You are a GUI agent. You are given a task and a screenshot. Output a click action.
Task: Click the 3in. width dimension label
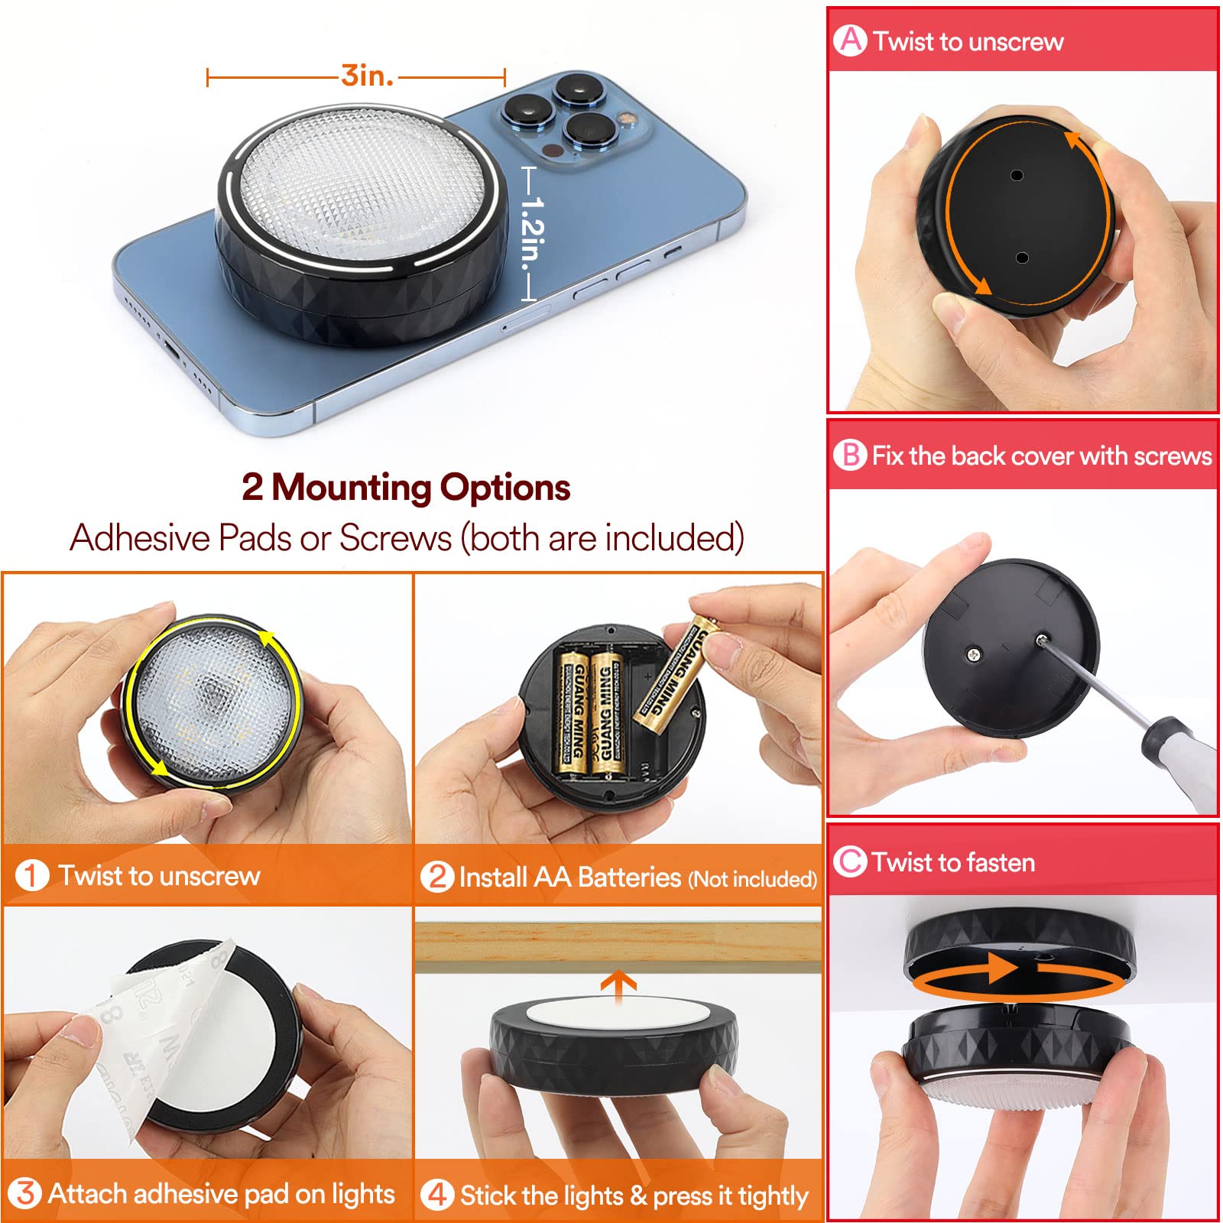click(367, 76)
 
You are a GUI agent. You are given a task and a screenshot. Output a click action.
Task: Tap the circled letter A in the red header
click(851, 40)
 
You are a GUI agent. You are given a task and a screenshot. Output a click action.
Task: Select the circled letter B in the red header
click(850, 455)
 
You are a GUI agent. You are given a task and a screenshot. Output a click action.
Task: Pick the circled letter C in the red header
click(850, 861)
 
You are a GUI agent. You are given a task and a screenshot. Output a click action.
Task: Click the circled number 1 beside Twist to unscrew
click(32, 875)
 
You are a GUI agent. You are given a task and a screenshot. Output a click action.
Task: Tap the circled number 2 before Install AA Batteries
click(437, 876)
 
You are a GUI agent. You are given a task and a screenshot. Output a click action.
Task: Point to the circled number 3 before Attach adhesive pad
click(25, 1193)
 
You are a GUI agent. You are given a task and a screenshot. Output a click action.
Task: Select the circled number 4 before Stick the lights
click(437, 1194)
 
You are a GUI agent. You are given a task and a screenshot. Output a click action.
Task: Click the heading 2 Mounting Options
click(406, 487)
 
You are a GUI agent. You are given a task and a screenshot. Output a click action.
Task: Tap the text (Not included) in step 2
click(752, 879)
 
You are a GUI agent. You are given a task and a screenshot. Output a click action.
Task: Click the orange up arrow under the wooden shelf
click(618, 984)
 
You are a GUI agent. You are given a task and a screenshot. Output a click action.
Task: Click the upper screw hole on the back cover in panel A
click(1017, 175)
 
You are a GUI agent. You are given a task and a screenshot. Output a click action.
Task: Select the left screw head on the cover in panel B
click(973, 654)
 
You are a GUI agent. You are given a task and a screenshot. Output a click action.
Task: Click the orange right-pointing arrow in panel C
click(1001, 968)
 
